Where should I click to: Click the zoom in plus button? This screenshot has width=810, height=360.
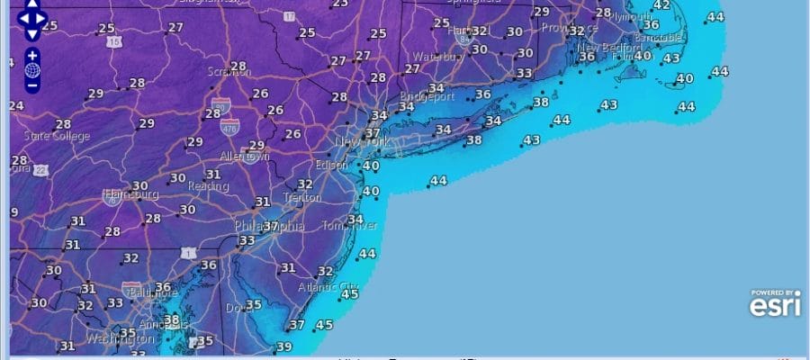coord(32,54)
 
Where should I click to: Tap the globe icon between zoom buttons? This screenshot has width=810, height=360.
coord(32,69)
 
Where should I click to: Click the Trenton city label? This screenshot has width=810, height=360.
coord(301,197)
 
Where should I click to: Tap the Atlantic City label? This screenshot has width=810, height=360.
coord(328,287)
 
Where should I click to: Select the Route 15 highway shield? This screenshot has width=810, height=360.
coord(113,41)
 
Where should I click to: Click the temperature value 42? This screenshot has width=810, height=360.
coord(661,5)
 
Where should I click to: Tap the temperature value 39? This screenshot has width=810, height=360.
coord(284,346)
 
